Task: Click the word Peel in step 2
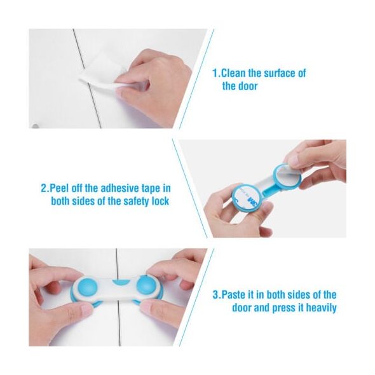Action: [x=60, y=188]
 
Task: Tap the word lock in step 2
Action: [x=160, y=201]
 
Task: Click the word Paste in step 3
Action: [x=233, y=295]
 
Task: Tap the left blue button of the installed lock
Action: [x=88, y=287]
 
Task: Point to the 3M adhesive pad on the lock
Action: [x=247, y=196]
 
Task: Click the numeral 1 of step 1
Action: [x=215, y=73]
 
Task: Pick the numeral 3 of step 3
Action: [x=215, y=295]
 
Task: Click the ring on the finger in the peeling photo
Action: [x=258, y=217]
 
